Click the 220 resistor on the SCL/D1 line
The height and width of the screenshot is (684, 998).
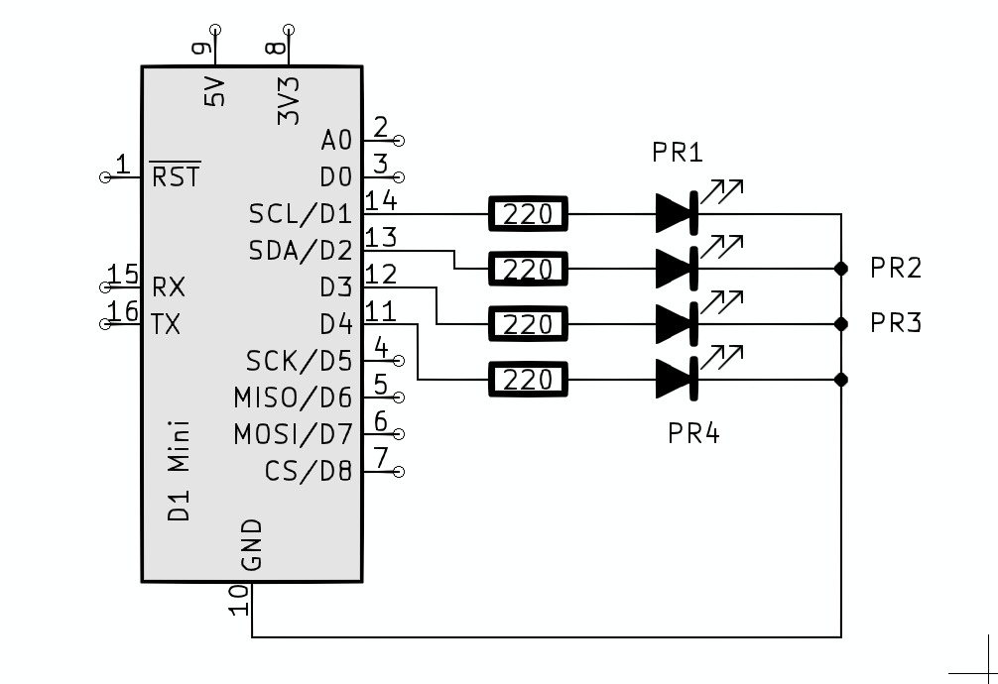coord(527,213)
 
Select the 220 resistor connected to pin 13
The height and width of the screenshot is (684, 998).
coord(527,268)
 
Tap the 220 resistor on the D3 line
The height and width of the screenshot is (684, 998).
coord(527,324)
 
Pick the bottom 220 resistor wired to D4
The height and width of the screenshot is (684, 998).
coord(527,379)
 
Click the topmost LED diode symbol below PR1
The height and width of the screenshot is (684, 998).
coord(677,212)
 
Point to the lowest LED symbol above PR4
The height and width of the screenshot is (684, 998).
coord(677,379)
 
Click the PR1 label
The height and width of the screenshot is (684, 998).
coord(678,153)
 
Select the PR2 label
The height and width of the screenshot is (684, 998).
coord(896,268)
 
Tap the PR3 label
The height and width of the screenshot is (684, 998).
coord(896,323)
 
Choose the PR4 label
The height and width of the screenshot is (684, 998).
coord(692,434)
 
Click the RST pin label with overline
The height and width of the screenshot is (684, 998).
coord(176,177)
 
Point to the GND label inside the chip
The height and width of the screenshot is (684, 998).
coord(252,544)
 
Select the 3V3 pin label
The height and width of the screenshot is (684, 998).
coord(289,100)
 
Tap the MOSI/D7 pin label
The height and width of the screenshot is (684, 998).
coord(293,434)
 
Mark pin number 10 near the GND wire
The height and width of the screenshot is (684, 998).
coord(238,600)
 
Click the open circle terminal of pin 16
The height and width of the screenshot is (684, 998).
coord(105,323)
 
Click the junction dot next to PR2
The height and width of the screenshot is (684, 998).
coord(841,268)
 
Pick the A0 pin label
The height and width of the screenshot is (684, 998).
coord(336,141)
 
